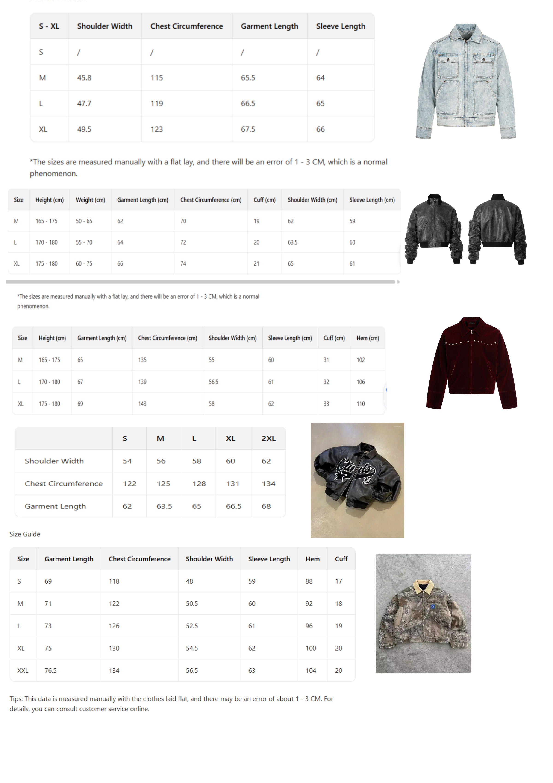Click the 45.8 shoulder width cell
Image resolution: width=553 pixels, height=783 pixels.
84,78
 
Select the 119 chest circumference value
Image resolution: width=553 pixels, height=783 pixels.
157,103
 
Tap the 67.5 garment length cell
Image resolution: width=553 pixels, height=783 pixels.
248,129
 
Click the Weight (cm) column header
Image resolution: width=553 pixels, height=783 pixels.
90,200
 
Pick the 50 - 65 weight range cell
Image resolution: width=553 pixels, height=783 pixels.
84,221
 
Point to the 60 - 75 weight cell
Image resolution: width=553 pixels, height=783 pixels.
84,264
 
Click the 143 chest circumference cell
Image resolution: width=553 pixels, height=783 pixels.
142,404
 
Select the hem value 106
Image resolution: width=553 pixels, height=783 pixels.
361,382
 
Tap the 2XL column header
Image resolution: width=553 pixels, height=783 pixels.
268,438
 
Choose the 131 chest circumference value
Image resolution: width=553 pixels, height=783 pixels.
233,484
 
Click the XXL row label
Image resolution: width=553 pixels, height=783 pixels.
23,670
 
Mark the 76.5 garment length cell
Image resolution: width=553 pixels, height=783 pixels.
50,670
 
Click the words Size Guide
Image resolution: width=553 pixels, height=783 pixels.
25,534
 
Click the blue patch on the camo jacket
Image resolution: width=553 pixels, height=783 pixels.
433,606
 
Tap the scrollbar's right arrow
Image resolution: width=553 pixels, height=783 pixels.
398,282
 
